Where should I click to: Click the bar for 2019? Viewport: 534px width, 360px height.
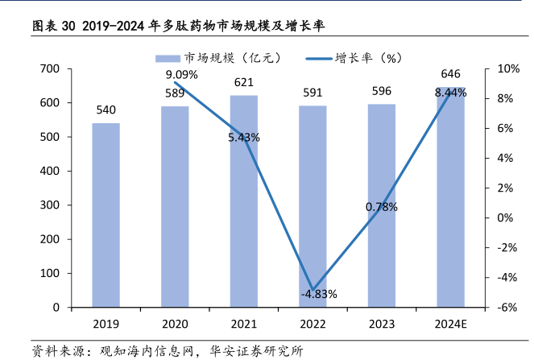pyautogui.click(x=106, y=215)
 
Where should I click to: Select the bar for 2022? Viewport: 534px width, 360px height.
pyautogui.click(x=313, y=206)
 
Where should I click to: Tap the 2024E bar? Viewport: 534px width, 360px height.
pyautogui.click(x=451, y=197)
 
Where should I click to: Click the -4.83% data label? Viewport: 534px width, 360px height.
pyautogui.click(x=319, y=293)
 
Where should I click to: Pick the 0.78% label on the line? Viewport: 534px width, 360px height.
pyautogui.click(x=381, y=207)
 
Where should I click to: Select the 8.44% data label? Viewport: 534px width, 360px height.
pyautogui.click(x=450, y=93)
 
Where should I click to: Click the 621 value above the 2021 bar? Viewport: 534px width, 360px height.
pyautogui.click(x=244, y=82)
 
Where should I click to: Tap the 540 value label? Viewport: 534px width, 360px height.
pyautogui.click(x=106, y=110)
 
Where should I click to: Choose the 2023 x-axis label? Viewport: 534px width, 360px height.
pyautogui.click(x=382, y=324)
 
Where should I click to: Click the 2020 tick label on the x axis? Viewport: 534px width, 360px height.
pyautogui.click(x=175, y=324)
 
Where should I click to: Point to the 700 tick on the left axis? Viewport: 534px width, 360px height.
pyautogui.click(x=50, y=69)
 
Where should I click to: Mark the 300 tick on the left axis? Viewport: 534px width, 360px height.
pyautogui.click(x=50, y=205)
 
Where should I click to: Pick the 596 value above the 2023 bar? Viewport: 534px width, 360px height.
pyautogui.click(x=382, y=91)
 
